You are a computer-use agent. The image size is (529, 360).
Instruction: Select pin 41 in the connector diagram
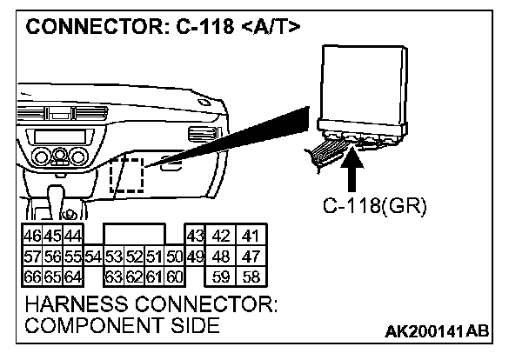click(x=251, y=237)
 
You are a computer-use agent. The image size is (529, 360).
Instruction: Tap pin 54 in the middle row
click(x=94, y=257)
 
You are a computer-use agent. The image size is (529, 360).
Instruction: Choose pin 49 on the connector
click(x=195, y=257)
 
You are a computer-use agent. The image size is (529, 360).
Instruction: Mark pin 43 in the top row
click(x=195, y=237)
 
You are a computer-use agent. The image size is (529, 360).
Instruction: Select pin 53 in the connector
click(x=113, y=257)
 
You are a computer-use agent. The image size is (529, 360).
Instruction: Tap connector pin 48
click(x=223, y=257)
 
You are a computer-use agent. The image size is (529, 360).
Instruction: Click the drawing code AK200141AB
click(x=438, y=331)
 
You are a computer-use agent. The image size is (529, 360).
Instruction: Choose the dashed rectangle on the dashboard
click(x=127, y=175)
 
